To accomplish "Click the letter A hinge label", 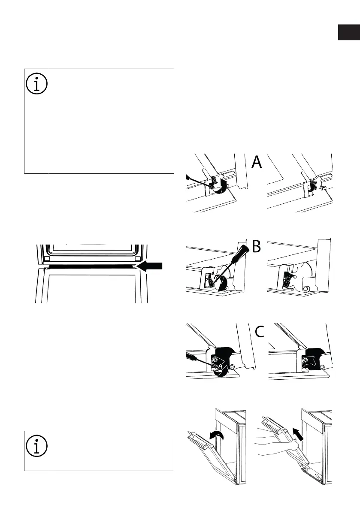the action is coord(257,162).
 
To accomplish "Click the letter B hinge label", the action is coord(257,247).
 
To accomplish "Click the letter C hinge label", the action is coord(259,332).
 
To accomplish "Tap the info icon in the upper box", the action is coord(36,84).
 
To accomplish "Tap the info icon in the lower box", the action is coord(36,446).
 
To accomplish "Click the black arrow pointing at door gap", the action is coord(149,266).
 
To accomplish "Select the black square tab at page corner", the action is coord(349,32).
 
